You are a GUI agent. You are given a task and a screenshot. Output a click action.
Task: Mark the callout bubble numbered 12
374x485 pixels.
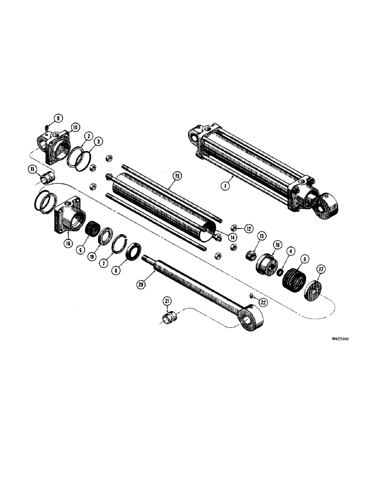248,228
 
